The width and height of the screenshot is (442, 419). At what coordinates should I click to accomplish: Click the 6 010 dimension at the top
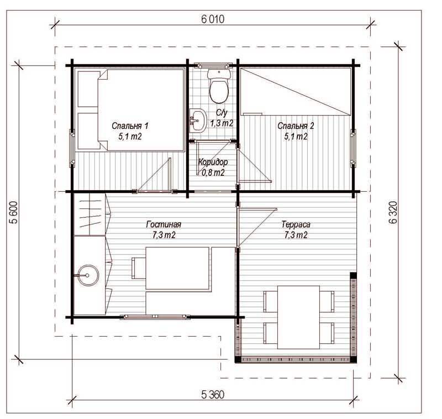pyautogui.click(x=213, y=19)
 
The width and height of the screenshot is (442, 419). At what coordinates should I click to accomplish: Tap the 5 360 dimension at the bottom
pyautogui.click(x=213, y=395)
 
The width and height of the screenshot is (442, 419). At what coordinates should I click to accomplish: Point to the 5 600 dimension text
pyautogui.click(x=14, y=212)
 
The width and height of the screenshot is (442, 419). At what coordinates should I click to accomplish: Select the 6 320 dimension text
pyautogui.click(x=393, y=212)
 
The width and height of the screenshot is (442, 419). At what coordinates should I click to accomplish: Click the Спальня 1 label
pyautogui.click(x=130, y=126)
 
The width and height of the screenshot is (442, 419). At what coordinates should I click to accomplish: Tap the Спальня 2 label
pyautogui.click(x=296, y=126)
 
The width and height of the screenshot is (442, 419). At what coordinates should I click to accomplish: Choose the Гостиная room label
pyautogui.click(x=164, y=224)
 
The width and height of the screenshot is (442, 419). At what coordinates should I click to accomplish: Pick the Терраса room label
pyautogui.click(x=296, y=224)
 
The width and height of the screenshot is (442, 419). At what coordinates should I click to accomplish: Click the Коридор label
pyautogui.click(x=213, y=162)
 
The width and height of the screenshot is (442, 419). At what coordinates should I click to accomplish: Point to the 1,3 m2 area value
pyautogui.click(x=222, y=123)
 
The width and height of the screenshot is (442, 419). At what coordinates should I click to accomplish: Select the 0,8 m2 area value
pyautogui.click(x=213, y=172)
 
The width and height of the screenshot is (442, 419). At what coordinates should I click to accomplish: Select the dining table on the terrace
pyautogui.click(x=298, y=317)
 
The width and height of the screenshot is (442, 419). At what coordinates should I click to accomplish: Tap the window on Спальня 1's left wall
pyautogui.click(x=72, y=148)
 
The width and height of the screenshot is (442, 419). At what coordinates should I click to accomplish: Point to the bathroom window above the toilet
pyautogui.click(x=213, y=65)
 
